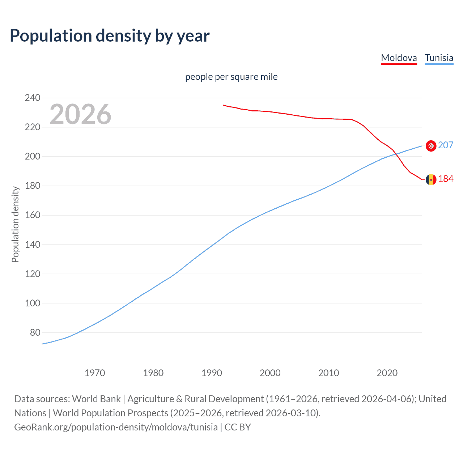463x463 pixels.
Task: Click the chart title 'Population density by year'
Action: coord(110,36)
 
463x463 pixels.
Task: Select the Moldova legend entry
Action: coord(399,58)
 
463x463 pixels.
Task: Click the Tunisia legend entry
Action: coord(439,58)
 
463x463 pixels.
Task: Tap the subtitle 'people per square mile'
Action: coord(231,77)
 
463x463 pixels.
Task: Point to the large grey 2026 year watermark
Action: coord(80,114)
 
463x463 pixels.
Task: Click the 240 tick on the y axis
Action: coord(33,98)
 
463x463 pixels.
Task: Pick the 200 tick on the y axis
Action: coord(33,157)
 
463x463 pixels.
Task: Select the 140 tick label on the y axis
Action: coord(33,245)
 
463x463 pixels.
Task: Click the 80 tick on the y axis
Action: coord(35,332)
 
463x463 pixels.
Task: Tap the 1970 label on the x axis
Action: coord(95,373)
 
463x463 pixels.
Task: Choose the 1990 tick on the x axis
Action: coord(212,373)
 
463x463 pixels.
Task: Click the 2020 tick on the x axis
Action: coord(387,373)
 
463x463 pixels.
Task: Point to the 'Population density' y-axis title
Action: coord(15,224)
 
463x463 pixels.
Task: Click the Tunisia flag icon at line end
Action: coord(431,146)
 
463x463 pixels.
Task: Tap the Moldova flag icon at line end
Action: coord(431,179)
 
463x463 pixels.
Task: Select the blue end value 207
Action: coord(446,145)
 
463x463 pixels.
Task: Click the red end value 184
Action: coord(446,179)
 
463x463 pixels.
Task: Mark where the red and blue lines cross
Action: coord(396,154)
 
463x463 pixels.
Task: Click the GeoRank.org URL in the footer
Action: coord(116,427)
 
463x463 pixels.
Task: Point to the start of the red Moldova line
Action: coord(224,105)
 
